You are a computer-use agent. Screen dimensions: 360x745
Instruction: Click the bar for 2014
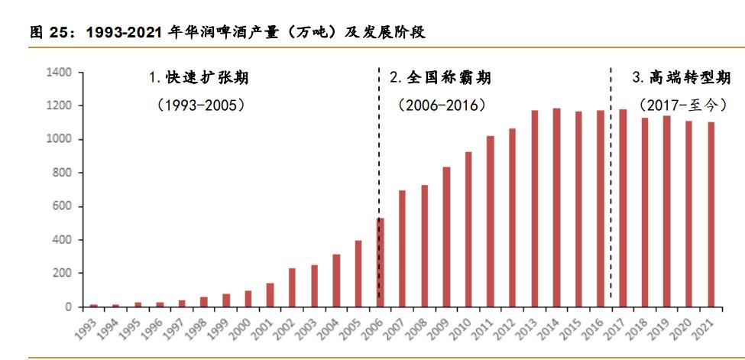point(556,207)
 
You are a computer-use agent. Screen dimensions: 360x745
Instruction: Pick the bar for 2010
point(468,229)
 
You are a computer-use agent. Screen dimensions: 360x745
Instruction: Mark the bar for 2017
point(622,208)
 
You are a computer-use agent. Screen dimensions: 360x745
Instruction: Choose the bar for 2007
point(402,248)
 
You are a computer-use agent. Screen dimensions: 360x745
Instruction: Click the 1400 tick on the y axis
point(60,72)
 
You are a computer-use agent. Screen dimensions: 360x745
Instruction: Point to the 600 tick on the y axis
point(63,206)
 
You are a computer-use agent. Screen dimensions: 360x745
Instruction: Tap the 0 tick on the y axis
point(68,307)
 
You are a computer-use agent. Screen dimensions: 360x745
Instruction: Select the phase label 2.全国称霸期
point(440,78)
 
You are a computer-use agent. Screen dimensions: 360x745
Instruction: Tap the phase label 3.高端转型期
point(682,78)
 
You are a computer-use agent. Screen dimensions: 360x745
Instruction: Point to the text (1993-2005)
point(200,105)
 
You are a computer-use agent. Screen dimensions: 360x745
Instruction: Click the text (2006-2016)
point(442,105)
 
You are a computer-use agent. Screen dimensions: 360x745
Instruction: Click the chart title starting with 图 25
point(227,32)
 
